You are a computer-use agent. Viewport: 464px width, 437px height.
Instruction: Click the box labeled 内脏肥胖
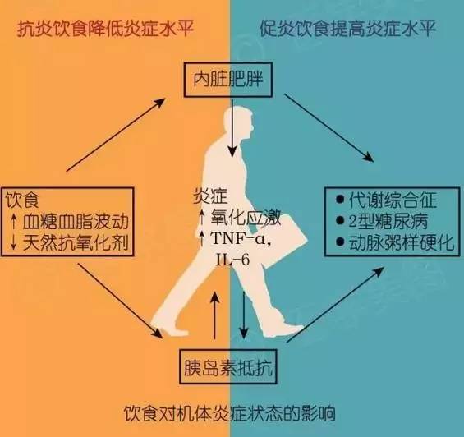click(x=227, y=80)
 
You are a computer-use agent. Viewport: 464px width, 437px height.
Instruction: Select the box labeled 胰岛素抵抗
click(x=228, y=366)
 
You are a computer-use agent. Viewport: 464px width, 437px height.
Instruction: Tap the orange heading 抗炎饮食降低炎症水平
click(x=105, y=30)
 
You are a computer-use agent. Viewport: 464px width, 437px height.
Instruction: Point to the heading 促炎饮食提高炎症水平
click(x=348, y=29)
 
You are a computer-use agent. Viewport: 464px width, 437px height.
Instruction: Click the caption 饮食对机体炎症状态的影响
click(x=230, y=412)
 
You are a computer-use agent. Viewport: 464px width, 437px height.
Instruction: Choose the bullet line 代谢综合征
click(x=387, y=200)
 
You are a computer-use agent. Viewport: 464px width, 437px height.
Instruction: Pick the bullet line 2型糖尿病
click(x=383, y=221)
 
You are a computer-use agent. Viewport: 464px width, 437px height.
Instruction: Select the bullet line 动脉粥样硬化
click(x=395, y=242)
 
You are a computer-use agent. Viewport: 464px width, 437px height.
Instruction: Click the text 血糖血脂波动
click(x=76, y=222)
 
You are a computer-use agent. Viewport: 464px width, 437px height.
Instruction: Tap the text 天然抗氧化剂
click(x=76, y=243)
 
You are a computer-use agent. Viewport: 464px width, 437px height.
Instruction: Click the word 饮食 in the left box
click(x=22, y=200)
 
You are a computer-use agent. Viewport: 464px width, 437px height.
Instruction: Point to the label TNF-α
click(x=241, y=238)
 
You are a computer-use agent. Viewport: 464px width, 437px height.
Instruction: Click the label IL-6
click(x=232, y=260)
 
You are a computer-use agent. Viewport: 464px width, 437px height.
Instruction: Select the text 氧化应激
click(x=246, y=218)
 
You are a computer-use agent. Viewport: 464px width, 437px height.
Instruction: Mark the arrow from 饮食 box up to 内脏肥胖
click(x=116, y=135)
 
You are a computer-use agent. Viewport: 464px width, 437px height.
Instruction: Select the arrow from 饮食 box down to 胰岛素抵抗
click(x=120, y=300)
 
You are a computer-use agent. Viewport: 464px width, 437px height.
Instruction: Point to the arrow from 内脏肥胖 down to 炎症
click(x=232, y=128)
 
